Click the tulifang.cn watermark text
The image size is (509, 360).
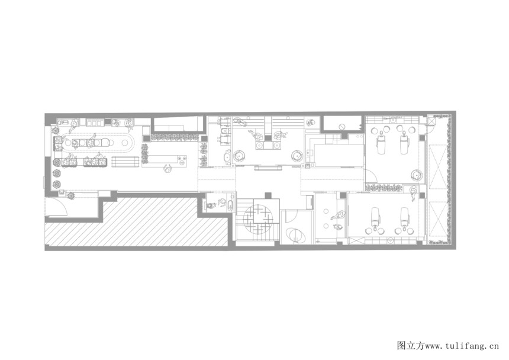(x=448, y=346)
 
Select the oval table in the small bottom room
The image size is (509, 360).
(x=295, y=235)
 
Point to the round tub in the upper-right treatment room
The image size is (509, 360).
(x=417, y=176)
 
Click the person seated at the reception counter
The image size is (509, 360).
(x=168, y=169)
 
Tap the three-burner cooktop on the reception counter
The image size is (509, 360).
(x=182, y=160)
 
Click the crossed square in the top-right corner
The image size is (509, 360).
(x=431, y=122)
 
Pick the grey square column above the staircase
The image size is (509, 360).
(x=268, y=195)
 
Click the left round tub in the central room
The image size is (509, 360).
(x=239, y=156)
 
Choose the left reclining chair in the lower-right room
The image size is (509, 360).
(x=376, y=217)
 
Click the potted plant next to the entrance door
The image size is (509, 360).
(x=70, y=195)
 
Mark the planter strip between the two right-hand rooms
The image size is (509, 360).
(x=384, y=188)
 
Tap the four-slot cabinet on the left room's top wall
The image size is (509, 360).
(x=95, y=123)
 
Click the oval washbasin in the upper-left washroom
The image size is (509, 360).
(x=227, y=157)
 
